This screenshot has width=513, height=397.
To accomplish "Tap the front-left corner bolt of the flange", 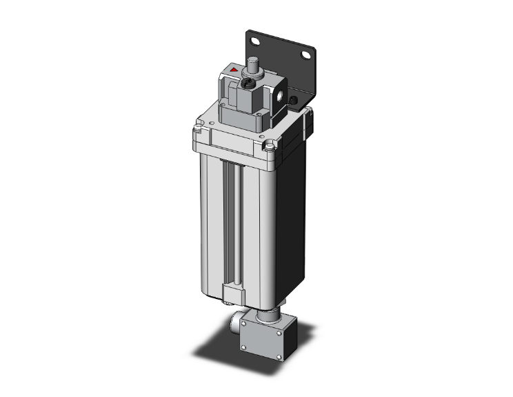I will [x=199, y=127].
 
